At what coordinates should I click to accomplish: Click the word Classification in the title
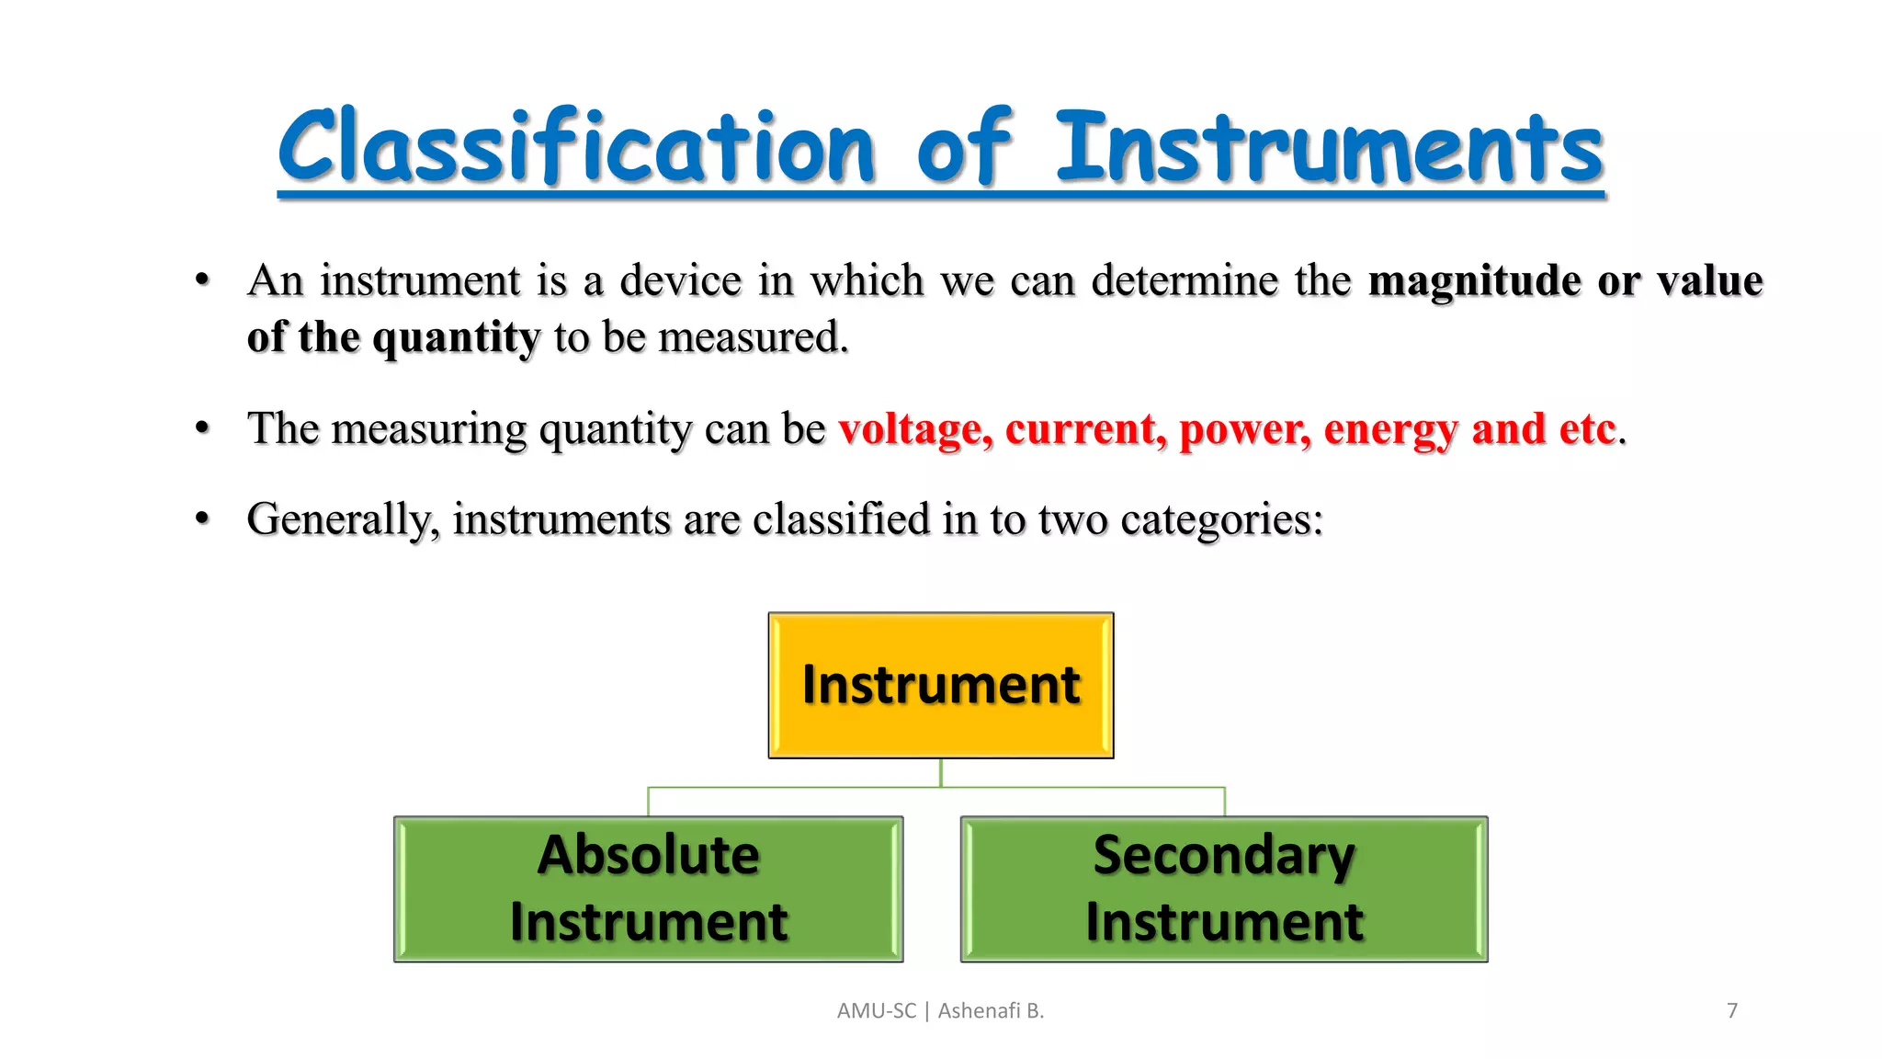coord(576,147)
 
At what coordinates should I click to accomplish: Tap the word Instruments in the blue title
coord(1329,147)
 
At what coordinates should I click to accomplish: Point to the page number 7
coord(1732,1010)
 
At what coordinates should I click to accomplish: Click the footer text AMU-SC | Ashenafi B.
coord(940,1010)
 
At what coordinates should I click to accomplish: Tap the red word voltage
coord(915,429)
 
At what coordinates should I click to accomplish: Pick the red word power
coord(1245,429)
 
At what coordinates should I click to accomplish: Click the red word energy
coord(1390,429)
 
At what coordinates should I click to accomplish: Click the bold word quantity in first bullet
coord(456,338)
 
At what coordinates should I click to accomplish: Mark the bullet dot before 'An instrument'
coord(202,279)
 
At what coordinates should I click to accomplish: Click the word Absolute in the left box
coord(649,855)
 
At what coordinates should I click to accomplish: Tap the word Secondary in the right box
coord(1224,855)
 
